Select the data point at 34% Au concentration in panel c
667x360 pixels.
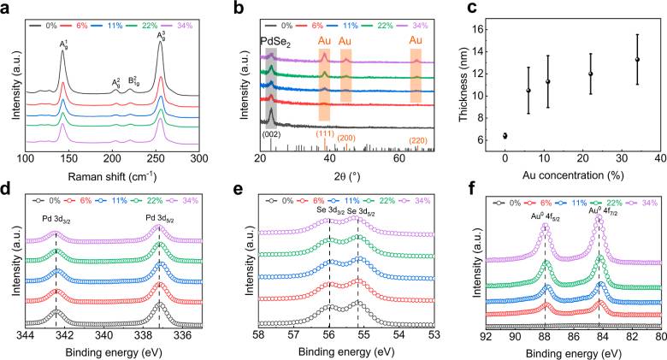[x=637, y=59]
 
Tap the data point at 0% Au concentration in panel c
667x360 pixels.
[x=505, y=136]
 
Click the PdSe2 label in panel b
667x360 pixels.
[x=275, y=43]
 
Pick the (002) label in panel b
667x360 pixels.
[x=271, y=134]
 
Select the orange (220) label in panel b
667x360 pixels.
[x=417, y=141]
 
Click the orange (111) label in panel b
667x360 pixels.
[x=325, y=133]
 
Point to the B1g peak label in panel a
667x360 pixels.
[x=133, y=81]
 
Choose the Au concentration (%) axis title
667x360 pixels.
[x=583, y=175]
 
